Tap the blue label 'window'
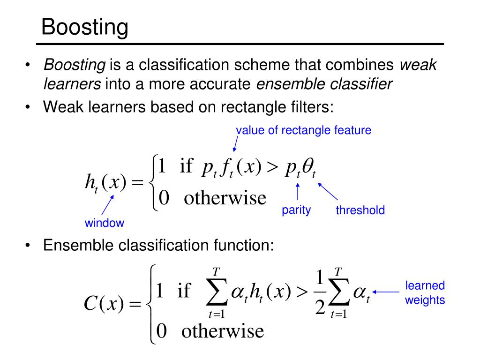point(104,223)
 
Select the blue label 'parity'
point(296,210)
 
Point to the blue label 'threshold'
point(360,210)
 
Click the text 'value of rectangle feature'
point(304,130)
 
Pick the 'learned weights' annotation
point(425,292)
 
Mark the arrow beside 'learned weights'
point(386,292)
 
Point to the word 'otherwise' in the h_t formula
point(225,198)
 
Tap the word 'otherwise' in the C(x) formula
point(223,331)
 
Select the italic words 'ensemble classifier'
point(324,84)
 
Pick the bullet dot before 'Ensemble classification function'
point(29,246)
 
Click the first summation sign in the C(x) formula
point(217,293)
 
